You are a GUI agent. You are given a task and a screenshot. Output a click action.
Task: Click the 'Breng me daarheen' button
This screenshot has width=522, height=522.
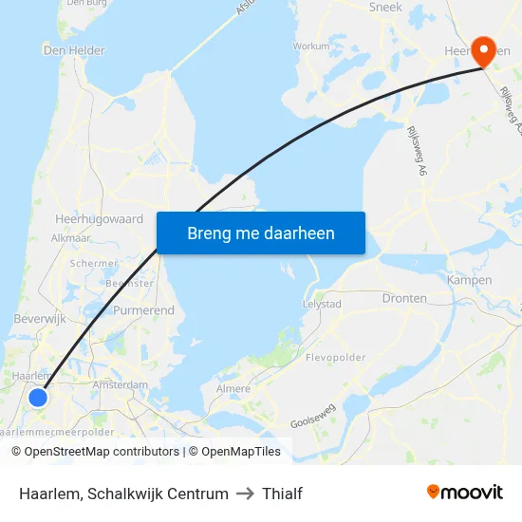(261, 233)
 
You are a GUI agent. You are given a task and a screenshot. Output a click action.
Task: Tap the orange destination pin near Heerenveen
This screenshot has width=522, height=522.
(483, 52)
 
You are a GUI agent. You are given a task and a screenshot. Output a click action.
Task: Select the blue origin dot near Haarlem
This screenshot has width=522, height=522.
(38, 398)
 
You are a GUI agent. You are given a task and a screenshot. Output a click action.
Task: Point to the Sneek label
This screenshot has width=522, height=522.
(384, 8)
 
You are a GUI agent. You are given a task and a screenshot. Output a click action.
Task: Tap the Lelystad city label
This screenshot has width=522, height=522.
(321, 305)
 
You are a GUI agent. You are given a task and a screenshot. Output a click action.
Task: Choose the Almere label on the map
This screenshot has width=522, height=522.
(233, 389)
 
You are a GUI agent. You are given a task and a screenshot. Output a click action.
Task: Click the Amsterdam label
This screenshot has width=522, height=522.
(121, 385)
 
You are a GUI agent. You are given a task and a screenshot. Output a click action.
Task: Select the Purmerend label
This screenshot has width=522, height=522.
(143, 310)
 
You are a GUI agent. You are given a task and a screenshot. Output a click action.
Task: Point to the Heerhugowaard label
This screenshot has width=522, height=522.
(100, 217)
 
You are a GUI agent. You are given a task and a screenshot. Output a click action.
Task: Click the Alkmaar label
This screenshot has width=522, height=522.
(70, 238)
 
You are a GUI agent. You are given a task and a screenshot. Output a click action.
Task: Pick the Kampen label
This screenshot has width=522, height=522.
(469, 281)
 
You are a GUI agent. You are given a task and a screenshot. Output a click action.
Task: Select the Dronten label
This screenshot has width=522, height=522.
(404, 298)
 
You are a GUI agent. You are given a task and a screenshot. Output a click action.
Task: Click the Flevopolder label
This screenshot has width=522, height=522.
(336, 358)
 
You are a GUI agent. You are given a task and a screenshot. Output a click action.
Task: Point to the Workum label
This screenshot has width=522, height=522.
(311, 46)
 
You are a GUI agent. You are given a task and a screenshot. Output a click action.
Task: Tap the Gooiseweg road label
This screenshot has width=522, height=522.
(313, 414)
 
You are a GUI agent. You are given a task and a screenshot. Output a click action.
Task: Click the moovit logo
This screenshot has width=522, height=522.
(465, 493)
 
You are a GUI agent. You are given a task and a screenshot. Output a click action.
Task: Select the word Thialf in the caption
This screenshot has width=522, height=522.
(282, 494)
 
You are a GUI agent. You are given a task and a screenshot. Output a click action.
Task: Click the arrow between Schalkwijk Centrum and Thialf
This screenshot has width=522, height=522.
(246, 494)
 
